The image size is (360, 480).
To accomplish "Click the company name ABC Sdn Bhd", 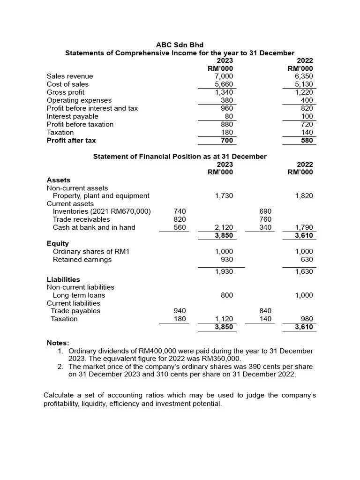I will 180,45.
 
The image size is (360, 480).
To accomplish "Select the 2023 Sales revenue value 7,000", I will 224,76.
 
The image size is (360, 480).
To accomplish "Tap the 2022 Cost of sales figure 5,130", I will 304,84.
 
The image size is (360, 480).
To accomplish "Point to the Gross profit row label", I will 66,92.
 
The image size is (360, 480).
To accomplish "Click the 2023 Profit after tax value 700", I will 227,140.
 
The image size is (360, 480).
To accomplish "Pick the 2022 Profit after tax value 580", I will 307,140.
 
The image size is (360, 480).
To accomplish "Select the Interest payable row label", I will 72,116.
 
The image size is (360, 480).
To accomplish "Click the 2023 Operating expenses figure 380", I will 227,100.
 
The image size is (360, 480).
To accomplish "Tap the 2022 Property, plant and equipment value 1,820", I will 304,196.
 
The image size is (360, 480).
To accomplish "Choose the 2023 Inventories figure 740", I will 180,211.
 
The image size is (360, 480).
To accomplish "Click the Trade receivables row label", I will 81,219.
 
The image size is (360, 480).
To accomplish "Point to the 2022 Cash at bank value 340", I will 265,227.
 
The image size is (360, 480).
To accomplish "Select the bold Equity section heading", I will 58,243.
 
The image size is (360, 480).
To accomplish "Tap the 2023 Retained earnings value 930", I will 226,260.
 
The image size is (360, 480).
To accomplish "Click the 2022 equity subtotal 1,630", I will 304,272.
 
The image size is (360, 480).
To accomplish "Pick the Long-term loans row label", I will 79,295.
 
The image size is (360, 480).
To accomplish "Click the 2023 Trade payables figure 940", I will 180,311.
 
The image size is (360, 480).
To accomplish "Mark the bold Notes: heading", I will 58,343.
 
